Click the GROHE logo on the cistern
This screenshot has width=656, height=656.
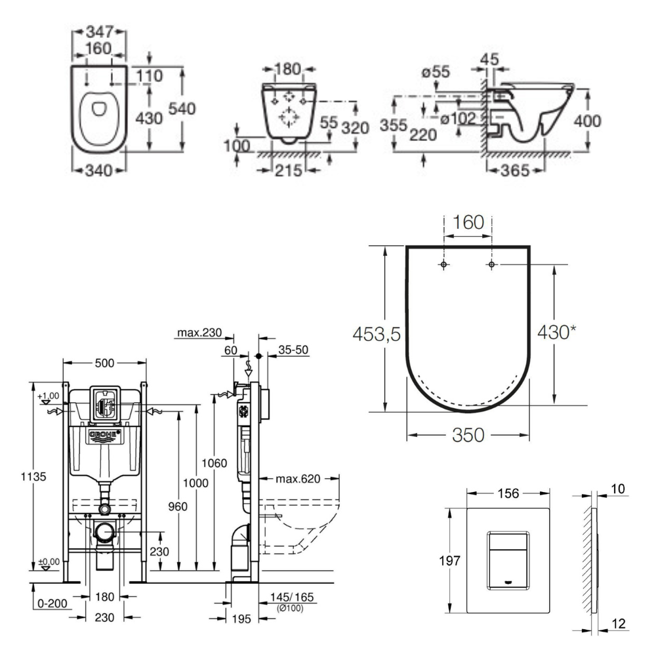point(103,434)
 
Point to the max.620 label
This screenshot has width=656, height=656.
point(298,479)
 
